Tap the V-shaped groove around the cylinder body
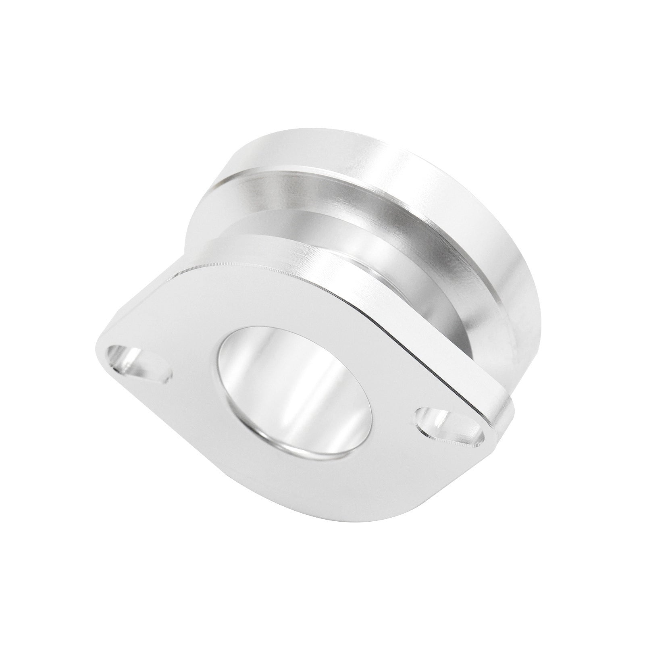(322, 218)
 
